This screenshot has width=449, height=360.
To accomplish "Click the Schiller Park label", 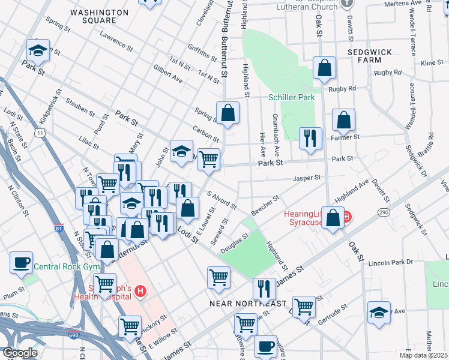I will (x=291, y=97).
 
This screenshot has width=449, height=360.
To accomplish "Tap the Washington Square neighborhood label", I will (x=93, y=16).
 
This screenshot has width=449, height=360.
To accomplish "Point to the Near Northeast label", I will (x=248, y=304).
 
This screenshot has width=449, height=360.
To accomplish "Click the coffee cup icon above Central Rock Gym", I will (x=22, y=262).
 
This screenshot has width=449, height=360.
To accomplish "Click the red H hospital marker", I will (x=140, y=292).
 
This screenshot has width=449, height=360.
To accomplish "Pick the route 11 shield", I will (x=40, y=131).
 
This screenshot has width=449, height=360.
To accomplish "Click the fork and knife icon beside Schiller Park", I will (x=310, y=138).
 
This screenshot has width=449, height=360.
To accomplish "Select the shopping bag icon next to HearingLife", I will (x=333, y=218).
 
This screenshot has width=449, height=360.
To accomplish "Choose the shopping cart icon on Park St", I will (x=208, y=159).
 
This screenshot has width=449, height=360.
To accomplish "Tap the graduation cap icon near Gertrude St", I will (x=378, y=313).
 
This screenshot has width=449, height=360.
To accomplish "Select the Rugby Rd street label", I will (x=343, y=89).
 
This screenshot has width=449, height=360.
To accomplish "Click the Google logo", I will (x=20, y=353).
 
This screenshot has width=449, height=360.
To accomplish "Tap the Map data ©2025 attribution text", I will (x=424, y=355).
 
